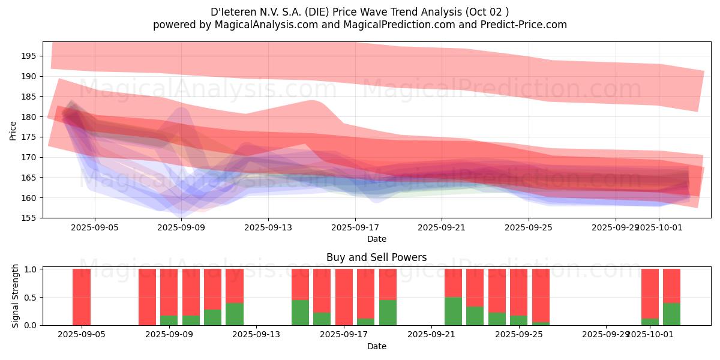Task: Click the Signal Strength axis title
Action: click(16, 296)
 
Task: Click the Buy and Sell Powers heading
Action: click(376, 257)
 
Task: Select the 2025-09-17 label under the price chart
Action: click(355, 228)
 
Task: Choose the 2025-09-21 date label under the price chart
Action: click(442, 228)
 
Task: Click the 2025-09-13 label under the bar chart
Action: click(256, 335)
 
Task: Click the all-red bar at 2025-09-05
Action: click(82, 297)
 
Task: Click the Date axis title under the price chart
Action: click(376, 239)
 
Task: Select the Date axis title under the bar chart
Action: click(376, 346)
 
